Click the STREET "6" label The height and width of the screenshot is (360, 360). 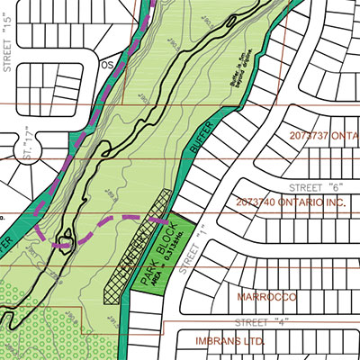[x=310, y=187]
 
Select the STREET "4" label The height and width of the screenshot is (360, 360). [x=256, y=322]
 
